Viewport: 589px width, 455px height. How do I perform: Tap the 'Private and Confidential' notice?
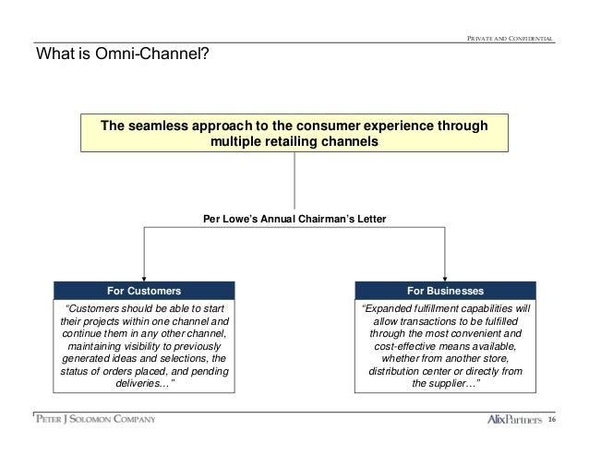[510, 38]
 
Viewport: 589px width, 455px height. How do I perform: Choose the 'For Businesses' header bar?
[445, 290]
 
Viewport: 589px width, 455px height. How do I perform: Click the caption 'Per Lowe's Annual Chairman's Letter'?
[294, 219]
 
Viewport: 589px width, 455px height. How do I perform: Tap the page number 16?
[551, 422]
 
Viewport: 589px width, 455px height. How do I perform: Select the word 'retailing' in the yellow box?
[293, 143]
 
